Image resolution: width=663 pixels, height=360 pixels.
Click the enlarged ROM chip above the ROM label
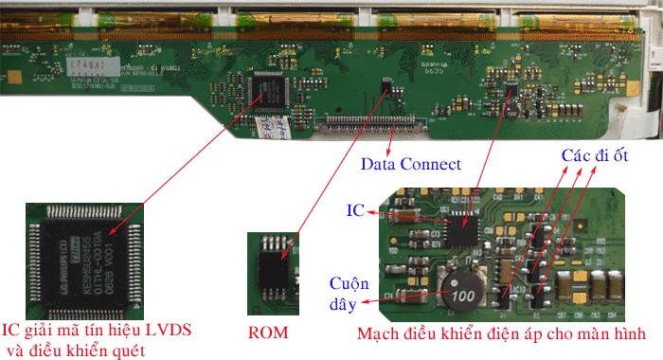click(275, 268)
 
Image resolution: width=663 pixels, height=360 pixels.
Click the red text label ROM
click(268, 333)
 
